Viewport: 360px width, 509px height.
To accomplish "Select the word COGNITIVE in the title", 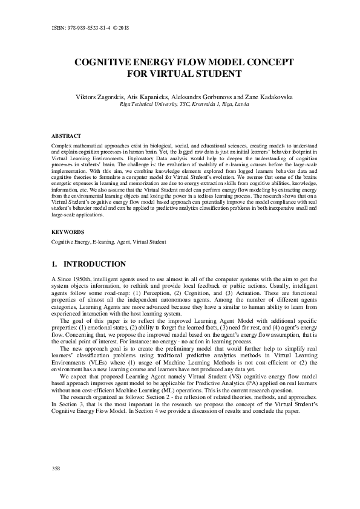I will [x=105, y=63].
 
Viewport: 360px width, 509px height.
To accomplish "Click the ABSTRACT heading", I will [x=67, y=136].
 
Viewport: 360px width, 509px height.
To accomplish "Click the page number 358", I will [x=56, y=485].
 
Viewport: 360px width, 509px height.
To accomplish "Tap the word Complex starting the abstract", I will [x=62, y=146].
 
